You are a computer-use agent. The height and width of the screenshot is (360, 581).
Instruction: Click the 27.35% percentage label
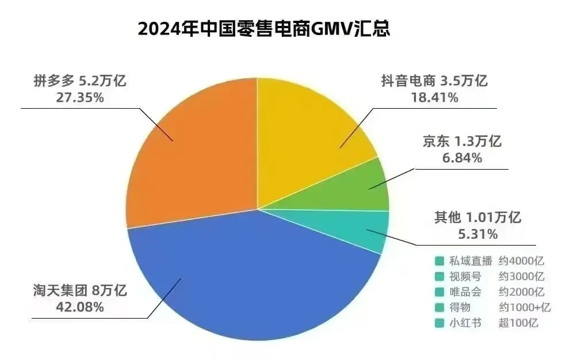tap(80, 98)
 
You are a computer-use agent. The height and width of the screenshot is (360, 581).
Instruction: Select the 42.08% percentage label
tap(80, 307)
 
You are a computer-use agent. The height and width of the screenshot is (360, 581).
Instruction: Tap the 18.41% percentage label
tap(434, 98)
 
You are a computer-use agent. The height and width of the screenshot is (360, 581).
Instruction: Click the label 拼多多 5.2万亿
tap(80, 81)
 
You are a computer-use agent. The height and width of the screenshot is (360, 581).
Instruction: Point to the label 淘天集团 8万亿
tap(79, 290)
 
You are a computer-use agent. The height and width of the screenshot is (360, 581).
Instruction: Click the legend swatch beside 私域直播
tap(439, 261)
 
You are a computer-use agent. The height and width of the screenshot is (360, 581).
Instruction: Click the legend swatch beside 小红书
tap(439, 323)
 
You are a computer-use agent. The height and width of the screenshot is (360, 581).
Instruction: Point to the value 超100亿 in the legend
tap(518, 323)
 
